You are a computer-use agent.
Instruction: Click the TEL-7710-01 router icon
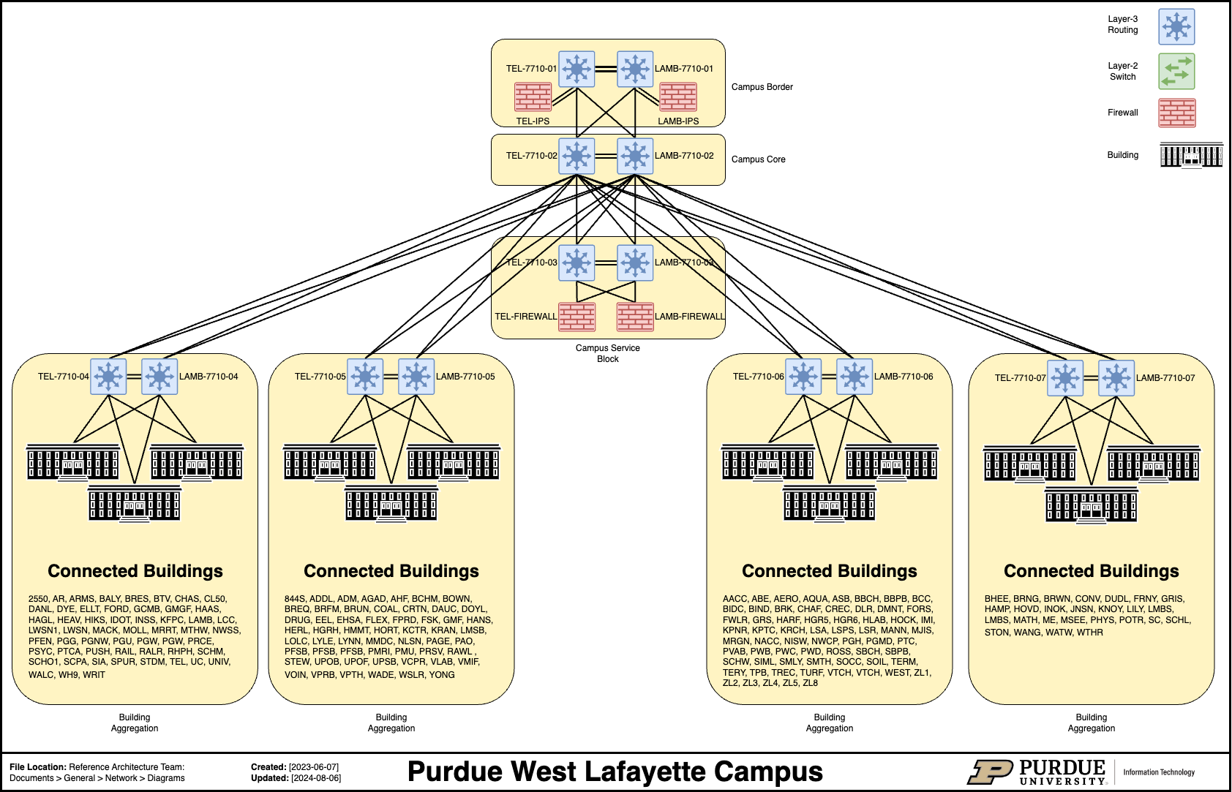[576, 69]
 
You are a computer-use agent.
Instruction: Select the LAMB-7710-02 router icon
[635, 156]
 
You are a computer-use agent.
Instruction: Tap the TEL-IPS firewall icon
[533, 97]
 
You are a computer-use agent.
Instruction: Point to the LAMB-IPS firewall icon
[678, 97]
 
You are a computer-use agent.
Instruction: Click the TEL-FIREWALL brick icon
[576, 317]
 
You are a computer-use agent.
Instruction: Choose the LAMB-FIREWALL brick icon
[635, 317]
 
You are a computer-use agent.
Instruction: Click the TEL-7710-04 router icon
[108, 377]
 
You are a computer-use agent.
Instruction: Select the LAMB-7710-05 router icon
[416, 377]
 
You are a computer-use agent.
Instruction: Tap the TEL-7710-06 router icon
[803, 377]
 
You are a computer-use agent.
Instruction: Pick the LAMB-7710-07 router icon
[1116, 378]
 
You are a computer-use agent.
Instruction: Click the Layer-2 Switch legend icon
[1176, 71]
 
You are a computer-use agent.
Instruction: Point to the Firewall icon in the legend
[1176, 113]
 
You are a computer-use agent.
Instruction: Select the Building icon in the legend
[1191, 155]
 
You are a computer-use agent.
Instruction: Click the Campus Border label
[762, 87]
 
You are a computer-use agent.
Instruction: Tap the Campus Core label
[758, 159]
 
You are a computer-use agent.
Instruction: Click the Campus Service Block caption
[607, 353]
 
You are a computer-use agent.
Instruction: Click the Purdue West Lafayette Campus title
[615, 772]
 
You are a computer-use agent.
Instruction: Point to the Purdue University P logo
[989, 772]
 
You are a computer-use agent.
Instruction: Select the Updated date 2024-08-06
[316, 778]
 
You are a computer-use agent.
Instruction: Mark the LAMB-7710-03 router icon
[635, 263]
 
